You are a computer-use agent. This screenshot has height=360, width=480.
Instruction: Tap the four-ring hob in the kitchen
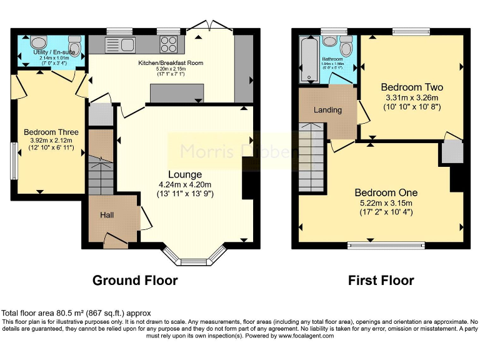pos(169,44)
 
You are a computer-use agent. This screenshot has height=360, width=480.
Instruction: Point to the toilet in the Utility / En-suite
pos(75,46)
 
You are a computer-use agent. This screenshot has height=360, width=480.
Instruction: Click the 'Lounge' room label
pos(184,174)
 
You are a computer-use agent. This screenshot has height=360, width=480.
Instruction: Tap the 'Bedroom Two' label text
pos(412,87)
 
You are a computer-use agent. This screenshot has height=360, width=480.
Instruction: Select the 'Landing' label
pos(327,110)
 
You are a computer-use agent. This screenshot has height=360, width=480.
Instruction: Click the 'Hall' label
pos(107,215)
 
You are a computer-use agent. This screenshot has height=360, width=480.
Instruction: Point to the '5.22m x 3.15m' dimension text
pos(386,202)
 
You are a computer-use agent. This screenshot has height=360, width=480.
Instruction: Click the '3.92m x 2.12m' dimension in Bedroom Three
pos(51,141)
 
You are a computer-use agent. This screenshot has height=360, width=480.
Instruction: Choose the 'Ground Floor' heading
pos(135,281)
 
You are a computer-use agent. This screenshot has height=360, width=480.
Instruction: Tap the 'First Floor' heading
pos(381,281)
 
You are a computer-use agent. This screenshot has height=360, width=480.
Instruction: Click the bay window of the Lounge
pos(194,254)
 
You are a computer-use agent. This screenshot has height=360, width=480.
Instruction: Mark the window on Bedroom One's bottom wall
pos(386,245)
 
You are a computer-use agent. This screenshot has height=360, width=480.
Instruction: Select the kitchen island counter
pos(177,92)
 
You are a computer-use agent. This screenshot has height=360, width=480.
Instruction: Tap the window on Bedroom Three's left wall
pos(13,160)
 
